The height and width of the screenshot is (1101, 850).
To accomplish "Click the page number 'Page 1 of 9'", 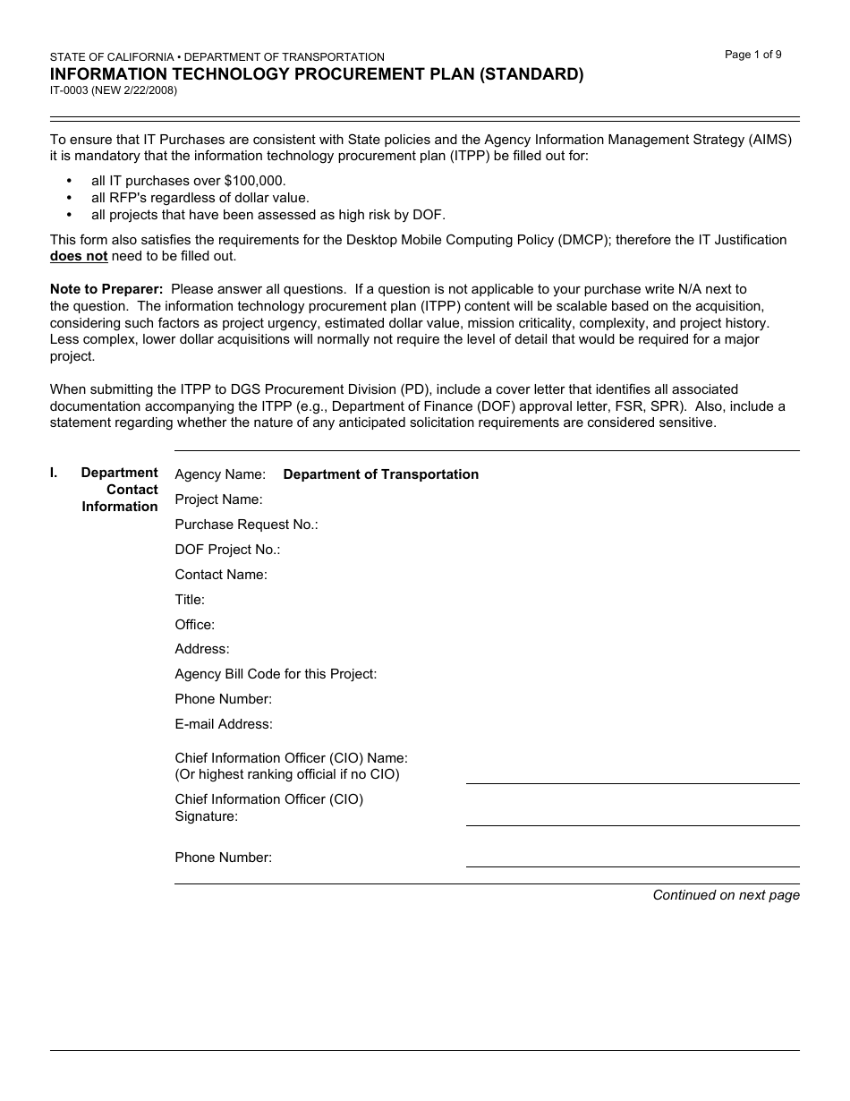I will (x=752, y=55).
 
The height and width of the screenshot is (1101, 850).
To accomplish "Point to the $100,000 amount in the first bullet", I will (x=254, y=181).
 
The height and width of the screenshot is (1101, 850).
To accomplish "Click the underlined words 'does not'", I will (x=79, y=256).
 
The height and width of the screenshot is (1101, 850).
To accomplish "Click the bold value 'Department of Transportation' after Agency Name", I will (x=380, y=474).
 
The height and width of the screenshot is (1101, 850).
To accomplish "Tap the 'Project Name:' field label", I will (x=218, y=499).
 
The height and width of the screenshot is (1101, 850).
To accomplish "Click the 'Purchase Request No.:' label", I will (x=246, y=525).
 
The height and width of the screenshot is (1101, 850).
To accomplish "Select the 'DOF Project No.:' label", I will (x=227, y=550).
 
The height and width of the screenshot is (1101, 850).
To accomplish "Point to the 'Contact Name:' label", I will (x=221, y=575).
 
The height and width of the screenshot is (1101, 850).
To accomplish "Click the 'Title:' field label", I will (x=190, y=600).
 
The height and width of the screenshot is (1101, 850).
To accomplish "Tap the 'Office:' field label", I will (x=194, y=625).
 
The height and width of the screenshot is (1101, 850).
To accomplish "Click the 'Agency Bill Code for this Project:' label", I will (x=276, y=674).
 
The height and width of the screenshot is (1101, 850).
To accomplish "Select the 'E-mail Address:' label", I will (x=224, y=724).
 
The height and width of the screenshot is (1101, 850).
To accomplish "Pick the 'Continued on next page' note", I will (x=726, y=895).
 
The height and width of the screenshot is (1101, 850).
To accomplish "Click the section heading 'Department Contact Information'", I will (x=119, y=490).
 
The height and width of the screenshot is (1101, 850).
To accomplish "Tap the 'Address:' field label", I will (x=201, y=649).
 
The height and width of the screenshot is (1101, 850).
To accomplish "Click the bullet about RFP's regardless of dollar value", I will (x=200, y=198).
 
